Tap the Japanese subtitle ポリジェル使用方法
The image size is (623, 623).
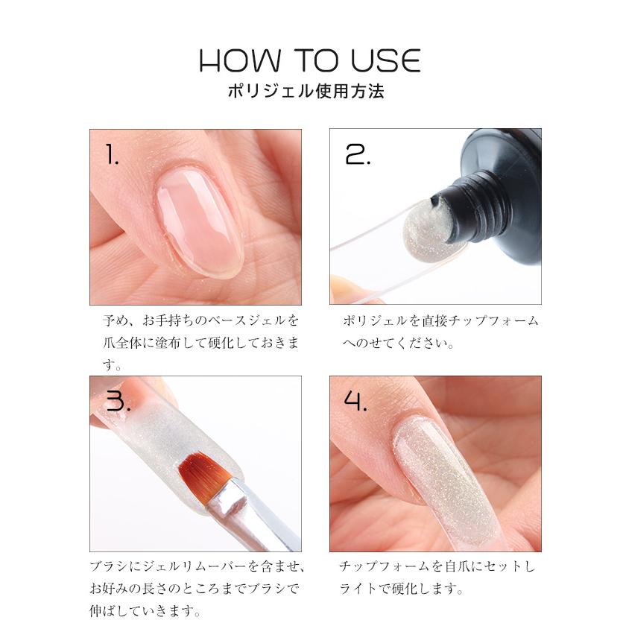(x=311, y=93)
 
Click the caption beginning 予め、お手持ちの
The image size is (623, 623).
(x=201, y=321)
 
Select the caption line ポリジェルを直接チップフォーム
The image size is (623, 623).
(x=440, y=321)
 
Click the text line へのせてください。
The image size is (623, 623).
(x=399, y=344)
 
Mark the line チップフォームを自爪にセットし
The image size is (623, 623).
(x=437, y=567)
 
